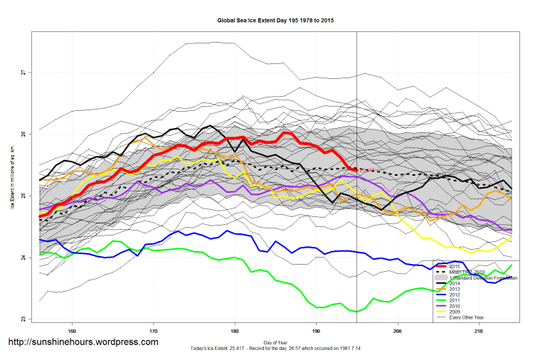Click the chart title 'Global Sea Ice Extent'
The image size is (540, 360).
275,21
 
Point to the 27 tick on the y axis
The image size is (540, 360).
23,73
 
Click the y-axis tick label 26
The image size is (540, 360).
23,134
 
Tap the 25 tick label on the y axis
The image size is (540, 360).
23,196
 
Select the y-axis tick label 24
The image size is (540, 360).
23,258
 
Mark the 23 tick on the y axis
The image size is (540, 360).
23,319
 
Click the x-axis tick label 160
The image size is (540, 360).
72,331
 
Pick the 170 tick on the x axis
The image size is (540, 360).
153,331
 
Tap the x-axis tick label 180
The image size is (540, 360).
235,331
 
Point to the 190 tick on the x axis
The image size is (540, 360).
316,331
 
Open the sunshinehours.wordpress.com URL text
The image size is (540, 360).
83,342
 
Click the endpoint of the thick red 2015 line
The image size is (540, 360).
356,169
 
